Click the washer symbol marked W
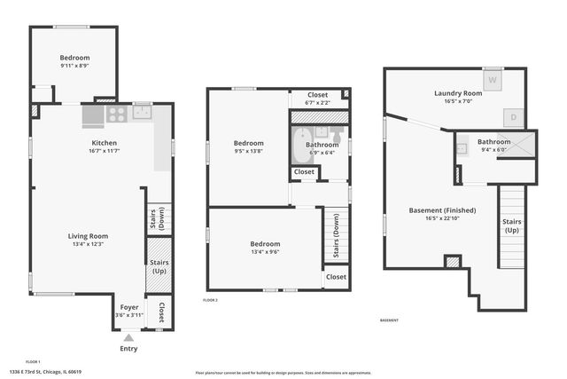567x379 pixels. (493, 78)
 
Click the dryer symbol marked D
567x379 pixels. (515, 116)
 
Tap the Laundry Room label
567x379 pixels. (458, 93)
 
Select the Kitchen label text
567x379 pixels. (105, 142)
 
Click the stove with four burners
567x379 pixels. (116, 114)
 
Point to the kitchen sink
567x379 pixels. (142, 112)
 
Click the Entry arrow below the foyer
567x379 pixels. (129, 337)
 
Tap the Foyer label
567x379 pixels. (129, 307)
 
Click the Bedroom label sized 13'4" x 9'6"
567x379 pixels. (265, 244)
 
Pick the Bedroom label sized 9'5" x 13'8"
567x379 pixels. (249, 143)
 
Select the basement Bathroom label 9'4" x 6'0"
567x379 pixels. (493, 142)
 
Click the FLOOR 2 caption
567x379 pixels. (210, 301)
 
